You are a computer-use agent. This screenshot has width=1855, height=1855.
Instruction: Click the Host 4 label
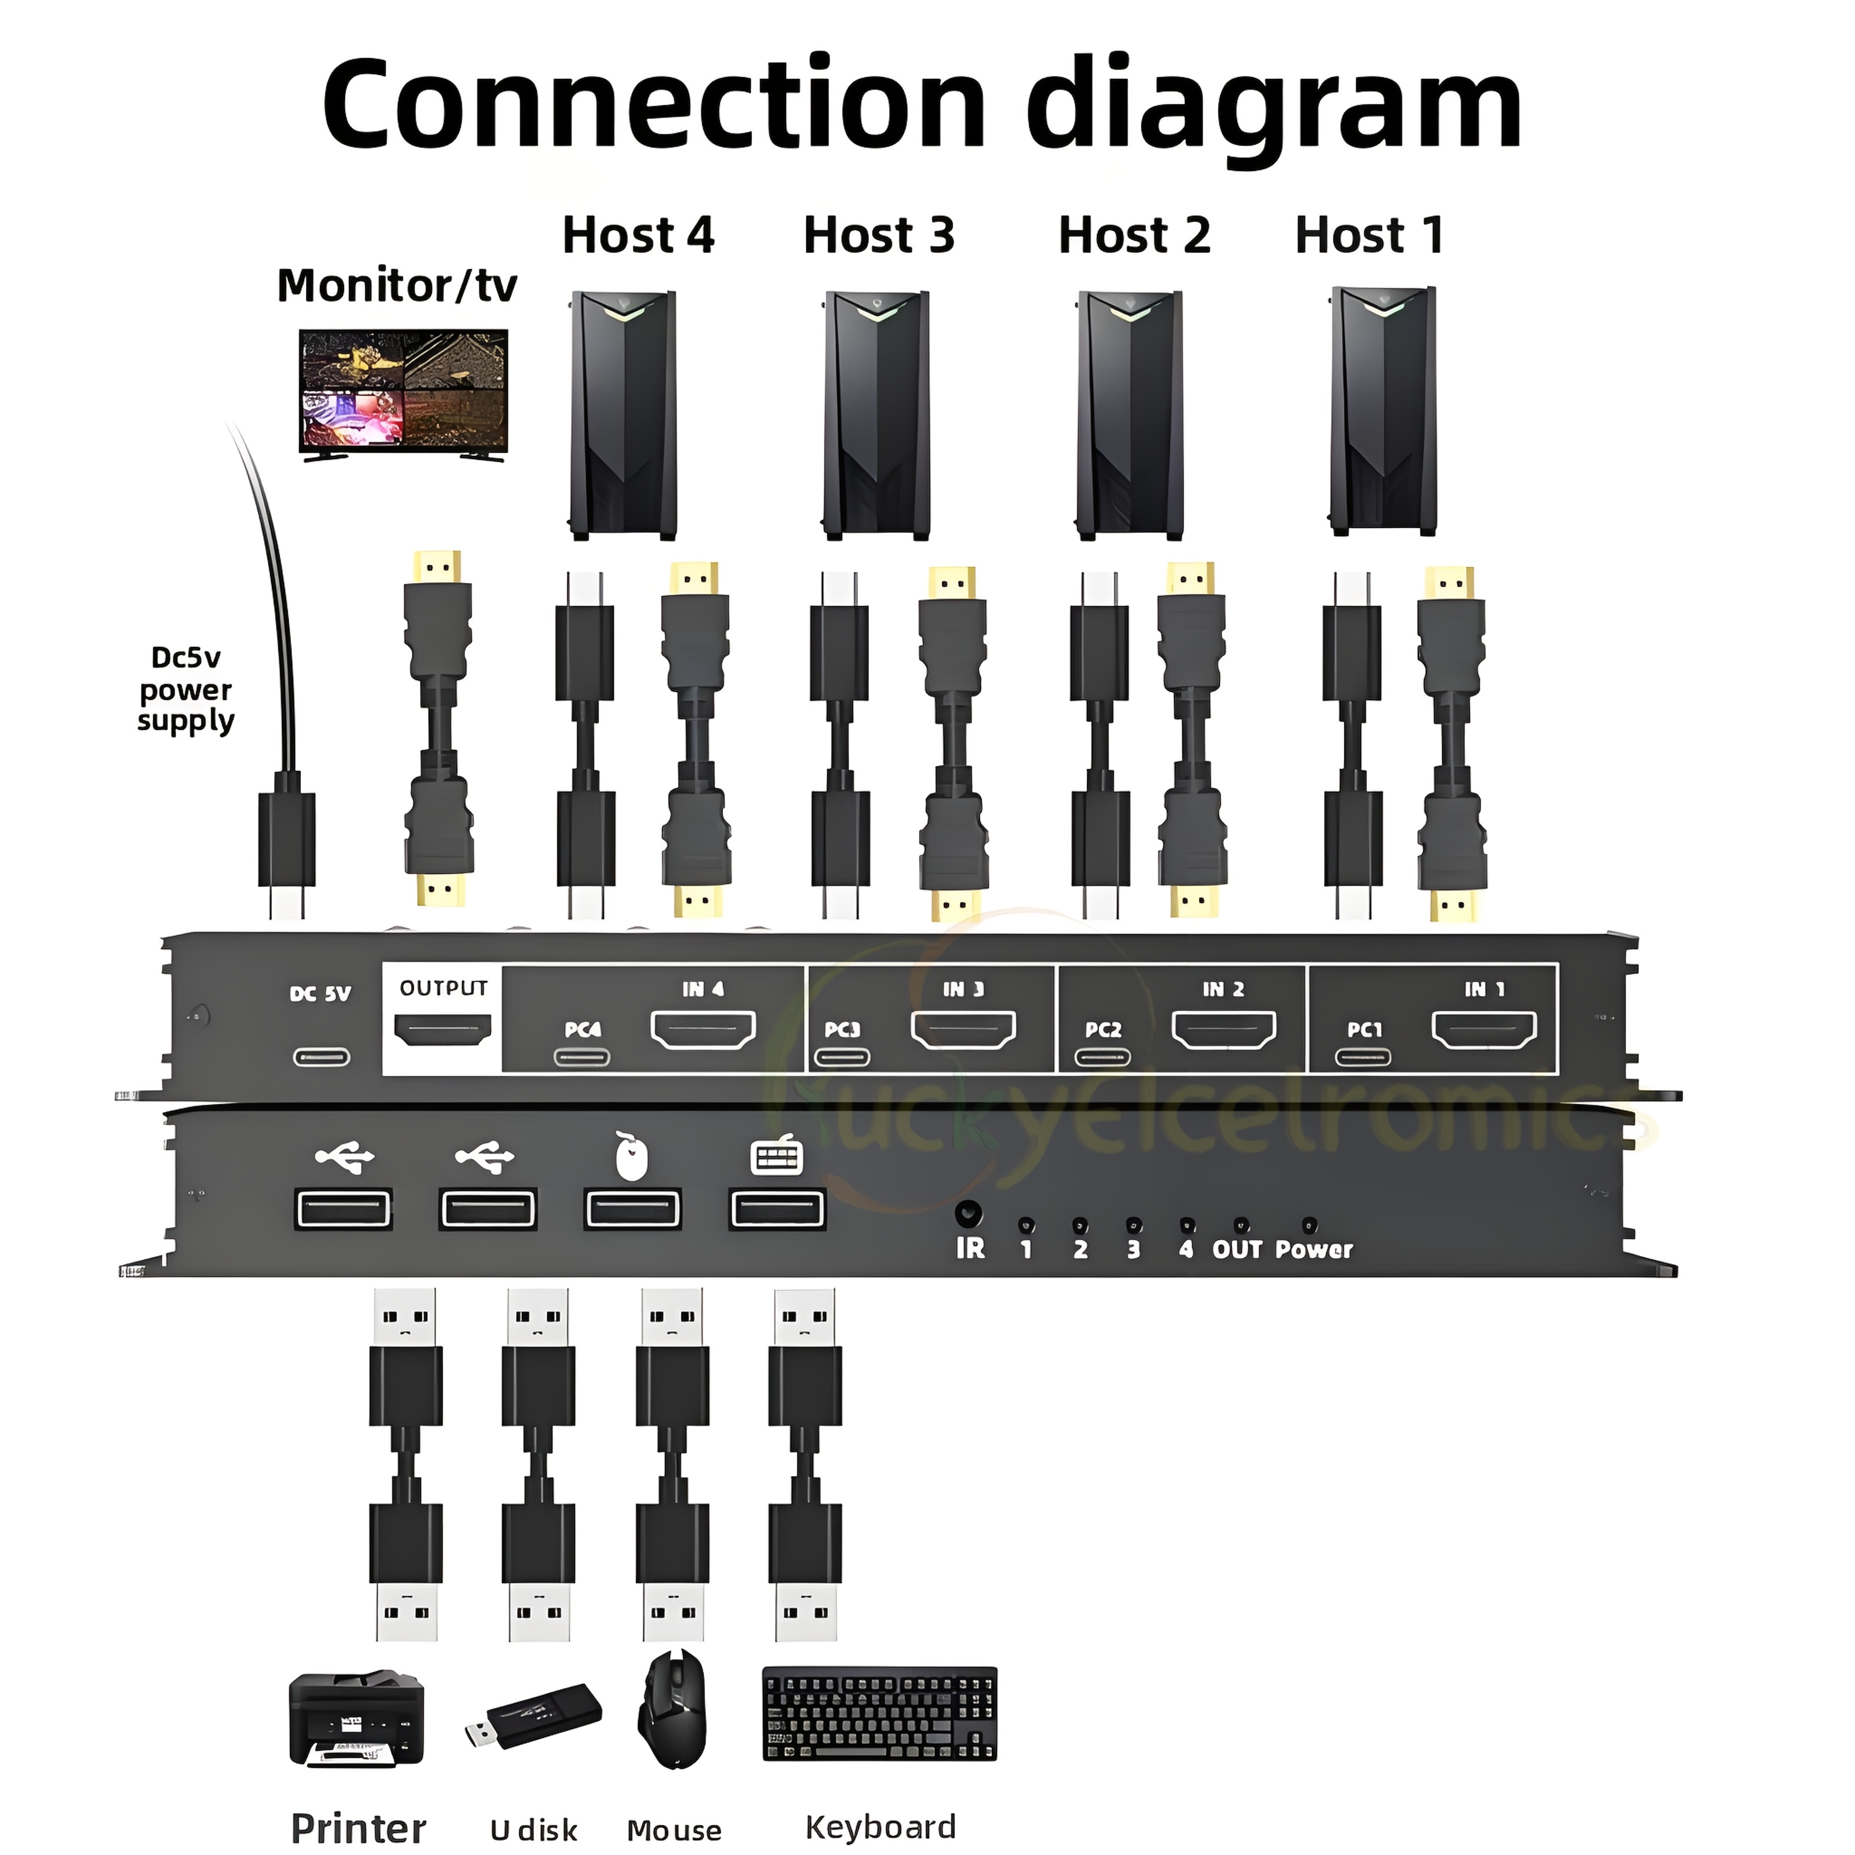click(x=638, y=236)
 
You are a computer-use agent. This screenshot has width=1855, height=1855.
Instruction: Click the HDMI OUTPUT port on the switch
click(x=443, y=1031)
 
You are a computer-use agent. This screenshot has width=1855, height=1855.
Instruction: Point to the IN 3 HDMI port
click(x=963, y=1030)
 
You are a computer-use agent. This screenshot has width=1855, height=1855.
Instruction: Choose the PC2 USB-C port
click(x=1102, y=1058)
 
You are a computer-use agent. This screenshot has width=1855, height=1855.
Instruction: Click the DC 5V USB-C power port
click(x=322, y=1058)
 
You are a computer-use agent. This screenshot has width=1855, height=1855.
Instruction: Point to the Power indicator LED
click(x=1309, y=1225)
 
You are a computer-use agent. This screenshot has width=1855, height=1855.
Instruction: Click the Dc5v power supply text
click(x=185, y=689)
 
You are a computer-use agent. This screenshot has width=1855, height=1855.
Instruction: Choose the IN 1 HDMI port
click(x=1485, y=1030)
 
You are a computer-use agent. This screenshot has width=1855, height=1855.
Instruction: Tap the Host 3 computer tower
click(x=876, y=415)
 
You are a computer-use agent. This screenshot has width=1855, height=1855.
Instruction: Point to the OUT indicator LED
click(x=1241, y=1225)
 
